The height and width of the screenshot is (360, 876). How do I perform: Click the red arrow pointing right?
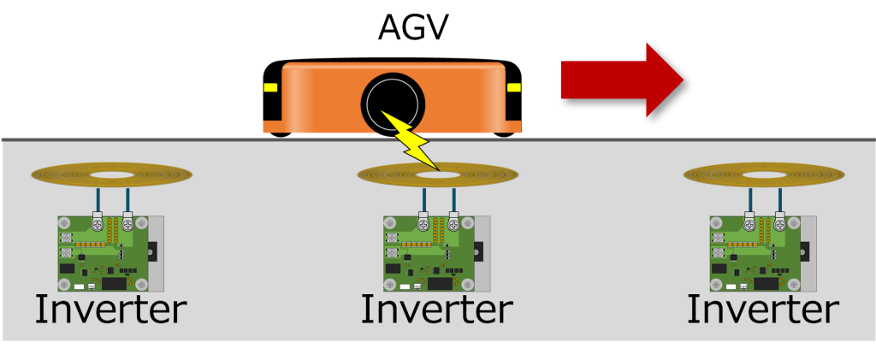tap(620, 80)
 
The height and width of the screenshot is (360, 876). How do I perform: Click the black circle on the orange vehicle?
tap(392, 103)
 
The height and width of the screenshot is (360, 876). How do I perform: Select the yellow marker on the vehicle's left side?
tap(270, 87)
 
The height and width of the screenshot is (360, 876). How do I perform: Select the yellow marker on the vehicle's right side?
tap(513, 87)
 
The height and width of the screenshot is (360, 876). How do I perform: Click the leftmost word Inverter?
tap(109, 309)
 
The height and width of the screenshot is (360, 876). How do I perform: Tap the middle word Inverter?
tap(436, 309)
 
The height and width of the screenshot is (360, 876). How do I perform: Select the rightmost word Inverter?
tap(762, 309)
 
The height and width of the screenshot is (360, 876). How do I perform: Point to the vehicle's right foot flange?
tap(510, 127)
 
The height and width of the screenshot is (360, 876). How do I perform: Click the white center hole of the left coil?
tap(111, 175)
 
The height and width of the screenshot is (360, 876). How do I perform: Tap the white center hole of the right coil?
tap(763, 175)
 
